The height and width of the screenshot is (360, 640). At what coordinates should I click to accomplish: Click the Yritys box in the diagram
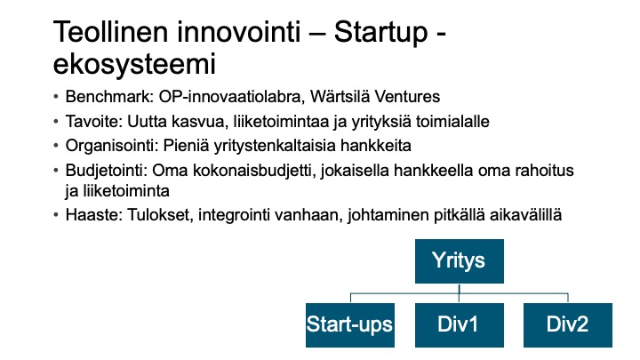[x=460, y=261]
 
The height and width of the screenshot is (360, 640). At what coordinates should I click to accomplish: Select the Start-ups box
[x=350, y=325]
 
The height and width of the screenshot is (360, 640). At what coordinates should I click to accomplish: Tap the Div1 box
[x=460, y=325]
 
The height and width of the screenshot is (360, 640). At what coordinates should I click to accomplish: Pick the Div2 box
[x=568, y=325]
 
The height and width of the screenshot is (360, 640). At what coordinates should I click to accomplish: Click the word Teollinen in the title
[x=110, y=31]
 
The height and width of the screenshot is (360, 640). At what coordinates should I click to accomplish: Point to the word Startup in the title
[x=380, y=33]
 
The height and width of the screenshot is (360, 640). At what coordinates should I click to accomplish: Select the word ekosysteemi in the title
[x=134, y=65]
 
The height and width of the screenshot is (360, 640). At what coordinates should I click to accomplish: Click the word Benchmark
[x=109, y=97]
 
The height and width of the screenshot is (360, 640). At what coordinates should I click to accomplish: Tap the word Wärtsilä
[x=340, y=97]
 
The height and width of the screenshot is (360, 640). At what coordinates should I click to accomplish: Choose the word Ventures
[x=407, y=97]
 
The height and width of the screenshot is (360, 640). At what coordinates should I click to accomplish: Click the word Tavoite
[x=94, y=121]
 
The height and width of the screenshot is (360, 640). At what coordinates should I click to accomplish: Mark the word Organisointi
[x=112, y=146]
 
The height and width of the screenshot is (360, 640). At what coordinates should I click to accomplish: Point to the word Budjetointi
[x=106, y=170]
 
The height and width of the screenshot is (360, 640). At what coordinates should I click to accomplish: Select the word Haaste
[x=94, y=215]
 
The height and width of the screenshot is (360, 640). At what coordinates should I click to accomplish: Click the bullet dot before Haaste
[x=56, y=215]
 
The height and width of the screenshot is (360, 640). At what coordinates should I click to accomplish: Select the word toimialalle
[x=452, y=121]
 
